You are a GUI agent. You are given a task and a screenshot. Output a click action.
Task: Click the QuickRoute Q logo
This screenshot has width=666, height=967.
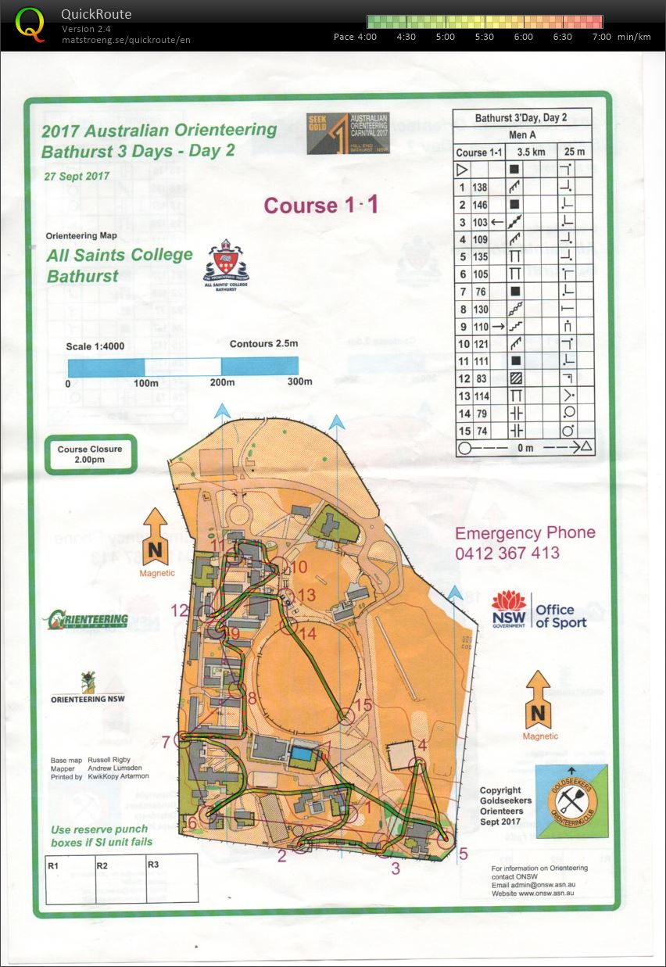(30, 23)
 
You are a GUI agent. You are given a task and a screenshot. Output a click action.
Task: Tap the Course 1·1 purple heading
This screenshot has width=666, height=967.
(320, 205)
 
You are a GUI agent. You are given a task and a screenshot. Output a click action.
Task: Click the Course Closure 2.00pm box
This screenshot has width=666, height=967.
(90, 454)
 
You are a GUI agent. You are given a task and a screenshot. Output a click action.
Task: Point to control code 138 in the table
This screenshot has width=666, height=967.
(479, 188)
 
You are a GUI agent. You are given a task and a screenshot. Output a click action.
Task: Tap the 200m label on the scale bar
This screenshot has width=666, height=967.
(223, 382)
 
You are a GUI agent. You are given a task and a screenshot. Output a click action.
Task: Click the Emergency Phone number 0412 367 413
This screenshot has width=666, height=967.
(507, 553)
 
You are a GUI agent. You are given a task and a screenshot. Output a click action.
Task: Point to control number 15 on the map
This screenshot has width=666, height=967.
(363, 705)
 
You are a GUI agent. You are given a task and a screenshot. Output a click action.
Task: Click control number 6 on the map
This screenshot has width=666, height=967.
(192, 822)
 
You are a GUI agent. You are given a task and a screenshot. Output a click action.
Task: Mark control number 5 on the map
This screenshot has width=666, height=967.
(463, 854)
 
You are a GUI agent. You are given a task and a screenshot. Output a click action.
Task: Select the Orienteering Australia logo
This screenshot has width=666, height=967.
(86, 620)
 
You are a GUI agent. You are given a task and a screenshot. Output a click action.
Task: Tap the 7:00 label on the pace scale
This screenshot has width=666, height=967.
(601, 37)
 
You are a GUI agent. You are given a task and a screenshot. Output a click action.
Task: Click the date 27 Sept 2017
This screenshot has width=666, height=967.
(77, 176)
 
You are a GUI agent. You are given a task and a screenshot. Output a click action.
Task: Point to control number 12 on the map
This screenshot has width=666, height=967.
(180, 611)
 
